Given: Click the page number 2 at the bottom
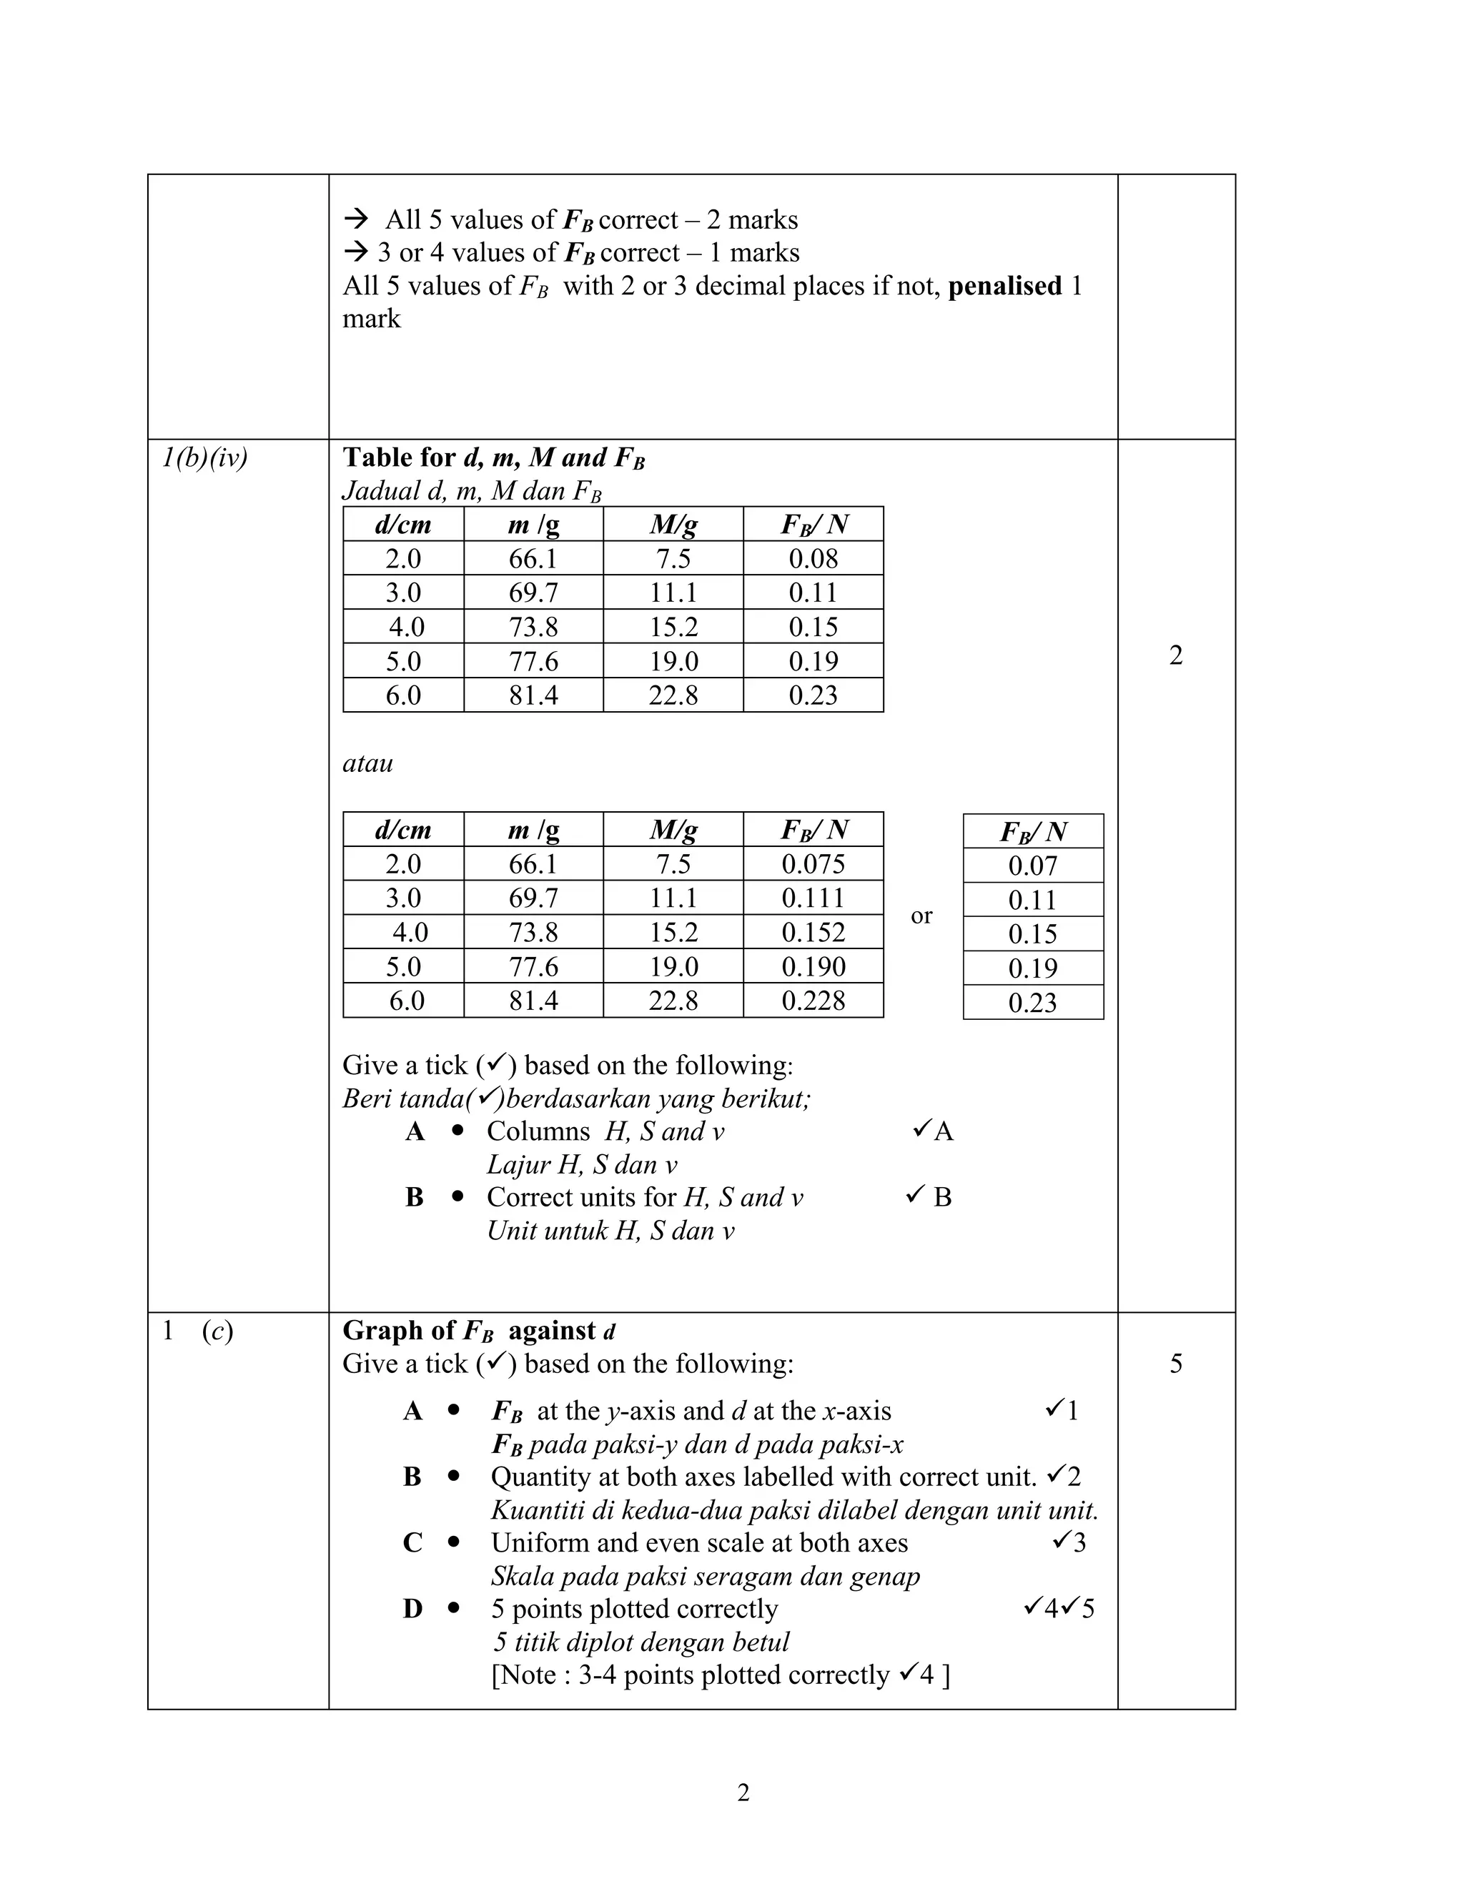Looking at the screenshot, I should [x=743, y=1792].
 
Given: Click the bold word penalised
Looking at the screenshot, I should [x=1004, y=286].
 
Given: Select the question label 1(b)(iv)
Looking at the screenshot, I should [x=204, y=458].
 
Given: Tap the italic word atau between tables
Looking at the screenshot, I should [x=367, y=763].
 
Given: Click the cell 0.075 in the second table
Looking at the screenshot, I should [x=813, y=864].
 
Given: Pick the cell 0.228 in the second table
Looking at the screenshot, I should [x=813, y=1001].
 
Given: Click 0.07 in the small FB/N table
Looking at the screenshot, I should [x=1032, y=866].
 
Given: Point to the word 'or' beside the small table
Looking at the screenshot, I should [x=921, y=915].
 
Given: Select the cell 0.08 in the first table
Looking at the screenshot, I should [x=813, y=558].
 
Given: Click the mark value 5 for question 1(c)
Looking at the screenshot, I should [x=1175, y=1363].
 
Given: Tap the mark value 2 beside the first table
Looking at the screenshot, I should [x=1175, y=655].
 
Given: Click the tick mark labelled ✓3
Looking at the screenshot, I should [x=1069, y=1542].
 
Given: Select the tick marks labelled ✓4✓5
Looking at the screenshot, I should [x=1058, y=1609].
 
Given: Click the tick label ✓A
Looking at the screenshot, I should [x=933, y=1131].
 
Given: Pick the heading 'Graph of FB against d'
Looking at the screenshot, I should [x=479, y=1330].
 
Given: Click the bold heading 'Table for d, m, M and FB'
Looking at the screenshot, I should [x=493, y=458].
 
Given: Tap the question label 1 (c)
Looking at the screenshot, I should [x=198, y=1330].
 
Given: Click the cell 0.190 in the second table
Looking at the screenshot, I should [x=813, y=966].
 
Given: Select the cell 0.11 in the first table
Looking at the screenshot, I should [x=813, y=593].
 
